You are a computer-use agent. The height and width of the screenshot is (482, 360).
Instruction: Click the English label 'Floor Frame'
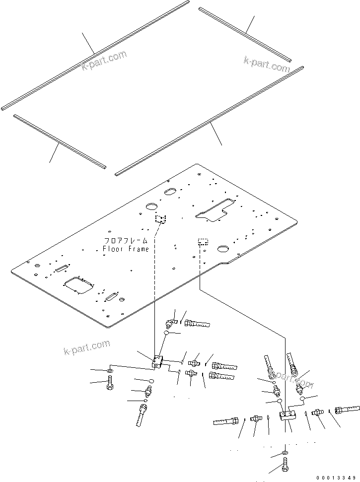coord(126,249)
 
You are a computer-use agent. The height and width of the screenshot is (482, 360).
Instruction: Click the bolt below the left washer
coord(109,384)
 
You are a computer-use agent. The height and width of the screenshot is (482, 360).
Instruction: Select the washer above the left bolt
coord(109,371)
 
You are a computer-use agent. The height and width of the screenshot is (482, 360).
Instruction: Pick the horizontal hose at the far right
coord(348,410)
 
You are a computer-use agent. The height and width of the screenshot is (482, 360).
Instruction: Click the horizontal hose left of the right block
coord(227,421)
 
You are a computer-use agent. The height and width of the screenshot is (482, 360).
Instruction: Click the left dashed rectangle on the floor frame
coord(160,219)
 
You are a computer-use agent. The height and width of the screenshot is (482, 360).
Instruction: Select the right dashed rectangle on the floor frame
coord(203,242)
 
